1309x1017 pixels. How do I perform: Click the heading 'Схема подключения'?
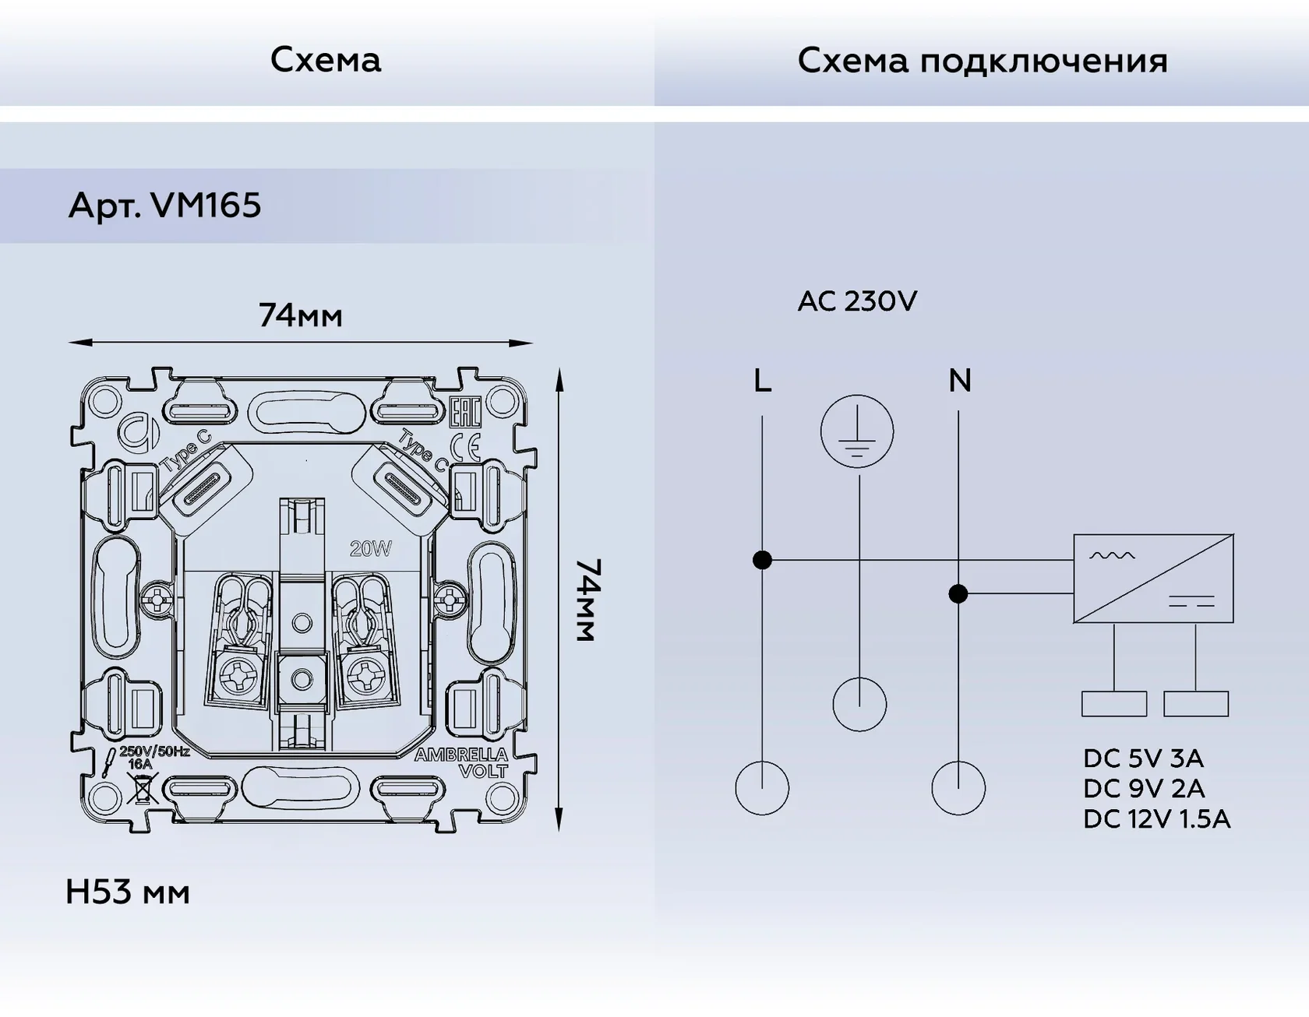tap(983, 62)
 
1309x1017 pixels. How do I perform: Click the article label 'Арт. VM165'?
tap(164, 206)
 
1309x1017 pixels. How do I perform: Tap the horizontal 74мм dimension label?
tap(301, 315)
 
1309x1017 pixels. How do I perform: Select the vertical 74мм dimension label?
tap(587, 600)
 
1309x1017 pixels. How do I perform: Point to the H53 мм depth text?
tap(128, 892)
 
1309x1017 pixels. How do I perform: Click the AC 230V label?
tap(858, 301)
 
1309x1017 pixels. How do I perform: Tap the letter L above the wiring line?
tap(763, 381)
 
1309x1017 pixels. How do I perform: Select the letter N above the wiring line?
tap(960, 381)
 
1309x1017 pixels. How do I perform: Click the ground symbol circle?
tap(857, 431)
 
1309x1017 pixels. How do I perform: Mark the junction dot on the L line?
tap(763, 560)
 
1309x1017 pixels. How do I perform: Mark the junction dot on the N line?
tap(958, 594)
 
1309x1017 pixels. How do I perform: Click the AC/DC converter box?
tap(1153, 579)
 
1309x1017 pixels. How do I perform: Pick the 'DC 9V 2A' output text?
tap(1144, 789)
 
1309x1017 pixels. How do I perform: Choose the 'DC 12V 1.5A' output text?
tap(1157, 819)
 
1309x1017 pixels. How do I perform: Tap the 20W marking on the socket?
tap(371, 549)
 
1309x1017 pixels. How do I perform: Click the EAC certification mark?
tap(465, 412)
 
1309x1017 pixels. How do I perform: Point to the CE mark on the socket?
tap(465, 447)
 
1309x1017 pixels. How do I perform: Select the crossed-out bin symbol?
tap(143, 789)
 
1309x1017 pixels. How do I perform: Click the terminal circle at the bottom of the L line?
tap(762, 788)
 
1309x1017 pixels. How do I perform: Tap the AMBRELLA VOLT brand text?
tap(461, 762)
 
